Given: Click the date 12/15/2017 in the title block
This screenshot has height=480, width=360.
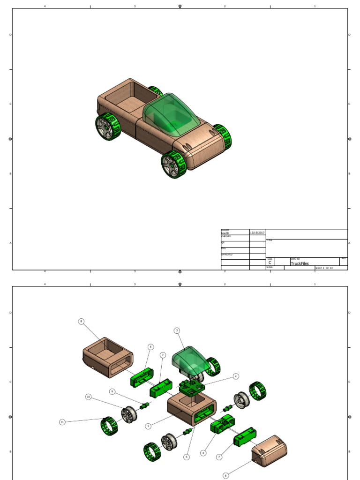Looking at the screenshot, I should click(x=257, y=232).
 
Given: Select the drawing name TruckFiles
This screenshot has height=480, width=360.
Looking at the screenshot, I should click(x=300, y=263).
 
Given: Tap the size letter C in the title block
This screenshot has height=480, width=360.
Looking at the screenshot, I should click(x=270, y=263).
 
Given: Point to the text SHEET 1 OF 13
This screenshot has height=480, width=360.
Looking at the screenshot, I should click(x=324, y=268).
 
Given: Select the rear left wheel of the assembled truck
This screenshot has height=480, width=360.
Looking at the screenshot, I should click(x=108, y=127).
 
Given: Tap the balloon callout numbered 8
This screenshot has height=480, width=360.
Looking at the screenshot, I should click(x=82, y=322).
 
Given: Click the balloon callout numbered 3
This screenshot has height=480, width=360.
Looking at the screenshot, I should click(x=177, y=330).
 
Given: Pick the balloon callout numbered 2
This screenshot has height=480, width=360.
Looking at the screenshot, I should click(x=236, y=376).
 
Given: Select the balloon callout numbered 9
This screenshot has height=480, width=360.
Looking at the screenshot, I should click(x=112, y=391).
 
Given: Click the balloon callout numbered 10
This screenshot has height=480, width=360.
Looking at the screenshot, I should click(x=88, y=397).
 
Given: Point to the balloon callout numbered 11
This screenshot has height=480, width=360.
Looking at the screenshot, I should click(x=62, y=422).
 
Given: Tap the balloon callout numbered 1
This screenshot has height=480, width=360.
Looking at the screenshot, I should click(x=148, y=426).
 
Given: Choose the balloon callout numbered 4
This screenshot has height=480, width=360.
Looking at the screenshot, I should click(x=203, y=453).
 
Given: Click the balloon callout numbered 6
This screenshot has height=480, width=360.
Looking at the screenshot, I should click(x=225, y=475).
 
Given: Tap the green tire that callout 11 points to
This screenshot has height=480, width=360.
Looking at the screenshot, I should click(x=109, y=426).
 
